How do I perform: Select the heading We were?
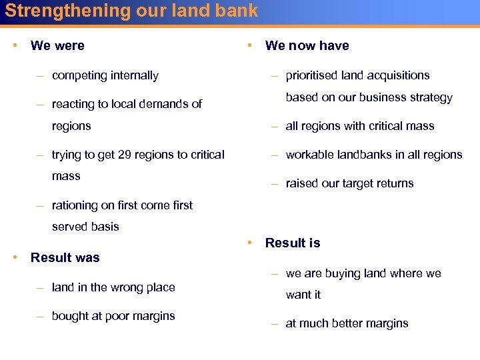57,46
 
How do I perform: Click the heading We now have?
307,46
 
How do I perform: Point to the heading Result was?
65,258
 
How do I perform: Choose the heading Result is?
292,243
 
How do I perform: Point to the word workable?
311,155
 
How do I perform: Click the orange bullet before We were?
15,45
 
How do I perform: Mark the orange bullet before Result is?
249,243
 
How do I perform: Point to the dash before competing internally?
41,75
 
